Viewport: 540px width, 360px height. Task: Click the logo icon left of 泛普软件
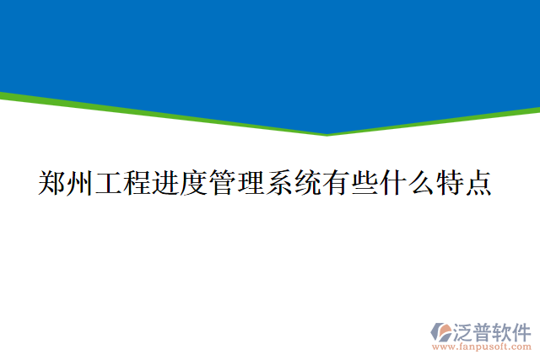click(440, 331)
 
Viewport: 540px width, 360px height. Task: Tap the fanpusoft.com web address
click(482, 347)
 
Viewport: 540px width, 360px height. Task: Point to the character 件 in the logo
click(522, 330)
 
